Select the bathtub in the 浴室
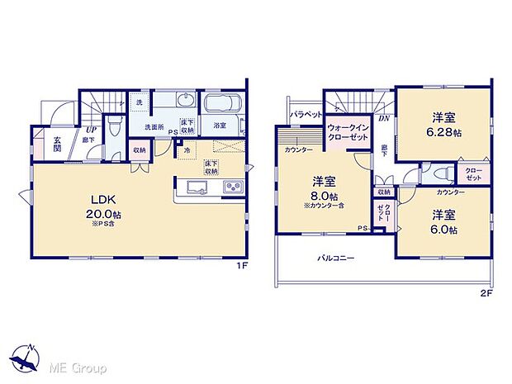click(221, 107)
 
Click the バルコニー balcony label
click(336, 258)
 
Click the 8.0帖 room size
click(323, 196)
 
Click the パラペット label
click(306, 114)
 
